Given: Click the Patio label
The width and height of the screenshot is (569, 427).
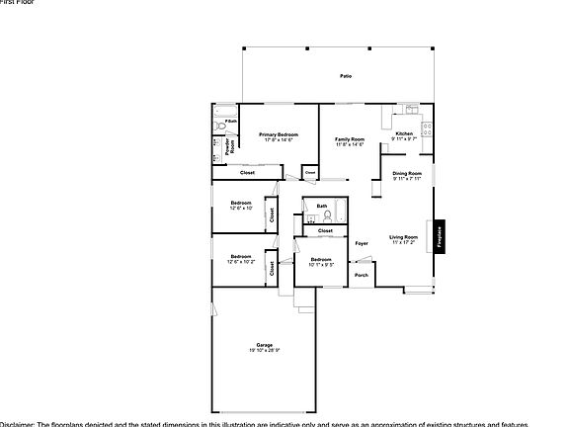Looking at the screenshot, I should point(346,76).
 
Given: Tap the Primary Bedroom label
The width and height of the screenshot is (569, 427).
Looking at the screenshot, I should point(279,134).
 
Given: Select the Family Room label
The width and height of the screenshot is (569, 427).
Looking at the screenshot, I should point(349,139).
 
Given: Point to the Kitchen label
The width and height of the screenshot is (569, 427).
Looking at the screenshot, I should point(404,134).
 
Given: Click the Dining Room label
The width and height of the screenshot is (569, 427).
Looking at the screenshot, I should point(407,173).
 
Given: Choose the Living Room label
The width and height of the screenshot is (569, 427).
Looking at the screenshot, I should point(403,236).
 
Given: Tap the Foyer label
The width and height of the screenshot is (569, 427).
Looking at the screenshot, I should point(362,242).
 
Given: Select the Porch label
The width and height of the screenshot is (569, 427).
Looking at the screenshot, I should point(362,275).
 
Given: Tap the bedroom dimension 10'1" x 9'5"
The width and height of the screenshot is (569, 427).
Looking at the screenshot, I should point(321,265).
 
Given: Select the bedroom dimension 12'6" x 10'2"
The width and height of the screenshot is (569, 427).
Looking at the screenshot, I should point(241,262).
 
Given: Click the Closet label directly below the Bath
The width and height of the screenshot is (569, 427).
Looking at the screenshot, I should point(325,230).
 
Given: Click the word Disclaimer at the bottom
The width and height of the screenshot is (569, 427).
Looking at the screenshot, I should point(18,422).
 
